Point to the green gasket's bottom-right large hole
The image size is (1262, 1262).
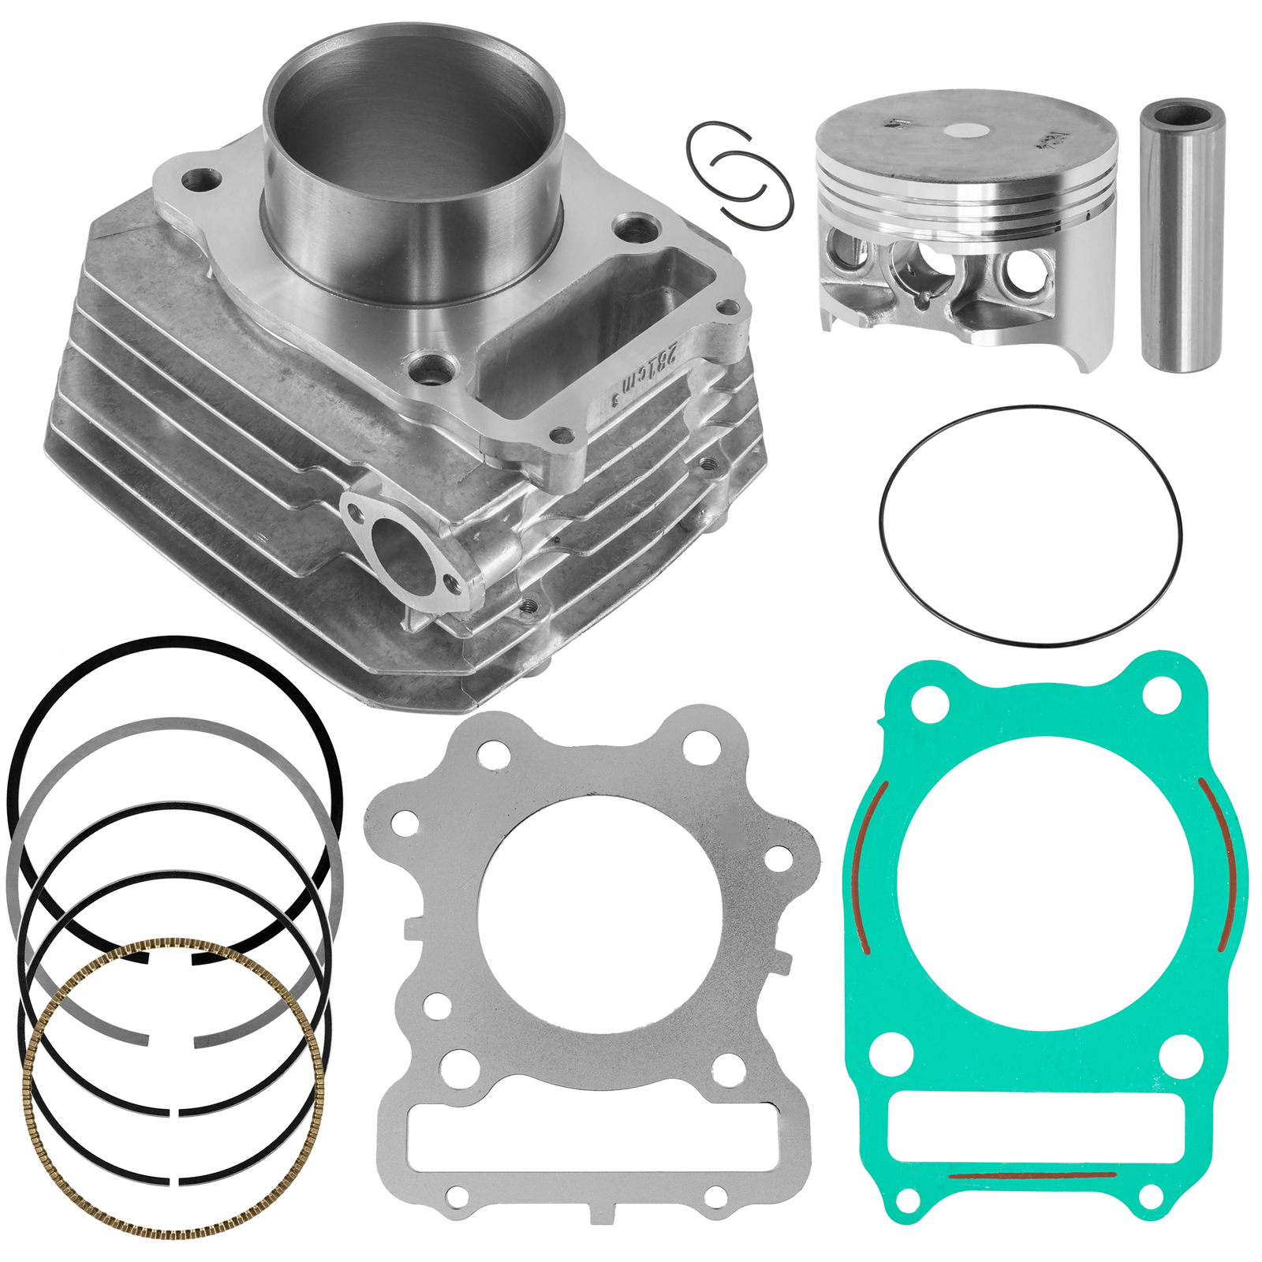click(1182, 1053)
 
